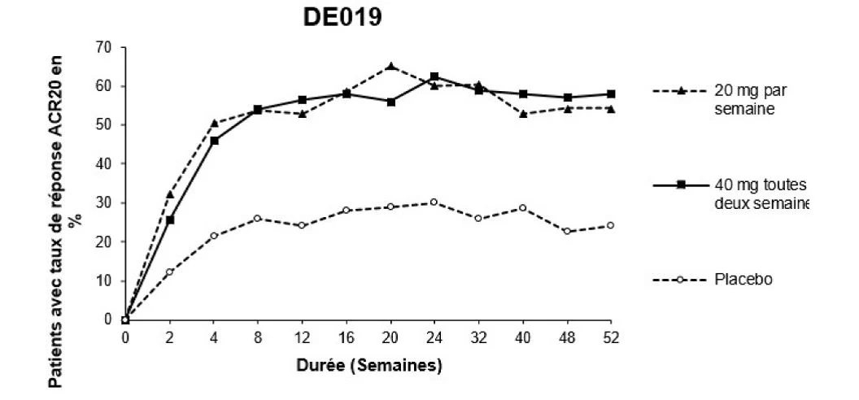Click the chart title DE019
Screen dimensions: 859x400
click(x=342, y=18)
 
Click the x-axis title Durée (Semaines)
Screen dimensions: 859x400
click(x=369, y=365)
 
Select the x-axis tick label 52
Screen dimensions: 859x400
click(x=611, y=338)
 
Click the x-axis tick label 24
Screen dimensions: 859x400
click(x=434, y=338)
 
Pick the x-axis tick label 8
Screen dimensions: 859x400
click(x=258, y=338)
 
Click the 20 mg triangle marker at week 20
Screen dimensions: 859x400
click(x=390, y=66)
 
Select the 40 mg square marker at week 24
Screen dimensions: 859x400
click(x=434, y=76)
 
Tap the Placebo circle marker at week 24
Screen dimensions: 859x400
click(x=434, y=202)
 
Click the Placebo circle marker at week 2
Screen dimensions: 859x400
click(x=169, y=272)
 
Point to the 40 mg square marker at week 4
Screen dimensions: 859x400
click(x=214, y=141)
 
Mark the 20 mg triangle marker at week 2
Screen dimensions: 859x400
click(x=169, y=194)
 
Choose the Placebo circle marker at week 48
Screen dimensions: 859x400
click(x=567, y=232)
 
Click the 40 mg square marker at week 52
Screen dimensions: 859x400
click(x=611, y=94)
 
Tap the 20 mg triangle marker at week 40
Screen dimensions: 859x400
click(x=523, y=114)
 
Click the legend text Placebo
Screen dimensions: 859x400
click(x=743, y=280)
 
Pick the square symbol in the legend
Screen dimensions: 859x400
click(x=681, y=185)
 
